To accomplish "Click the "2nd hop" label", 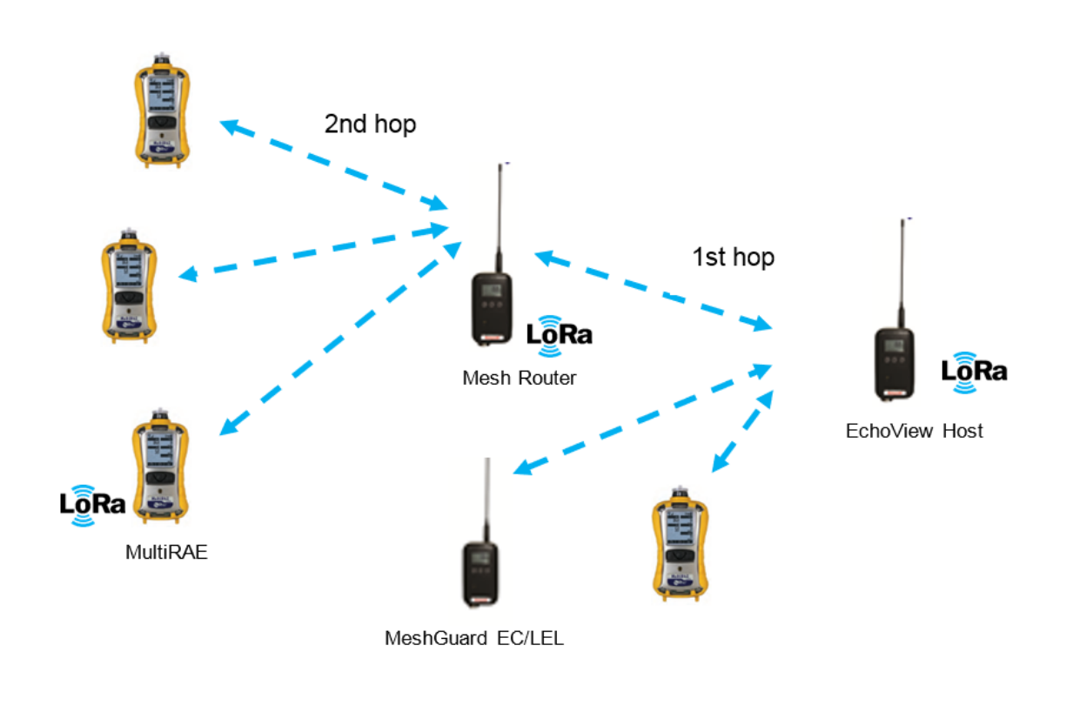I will pyautogui.click(x=370, y=124).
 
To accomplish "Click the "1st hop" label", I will pyautogui.click(x=733, y=258).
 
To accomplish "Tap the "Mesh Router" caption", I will pyautogui.click(x=519, y=379).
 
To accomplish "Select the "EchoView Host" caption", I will pyautogui.click(x=914, y=431).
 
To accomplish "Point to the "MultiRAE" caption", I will pyautogui.click(x=166, y=552).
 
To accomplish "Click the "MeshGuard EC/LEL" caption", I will pyautogui.click(x=474, y=638).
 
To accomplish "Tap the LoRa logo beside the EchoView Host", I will pyautogui.click(x=974, y=370).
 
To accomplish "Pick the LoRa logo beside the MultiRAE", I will pyautogui.click(x=91, y=504).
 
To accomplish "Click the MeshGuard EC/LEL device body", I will pyautogui.click(x=479, y=575).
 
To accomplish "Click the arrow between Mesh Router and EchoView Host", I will pyautogui.click(x=653, y=291).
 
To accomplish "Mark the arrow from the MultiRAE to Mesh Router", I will pyautogui.click(x=339, y=339).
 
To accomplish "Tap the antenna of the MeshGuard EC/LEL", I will pyautogui.click(x=486, y=500).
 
